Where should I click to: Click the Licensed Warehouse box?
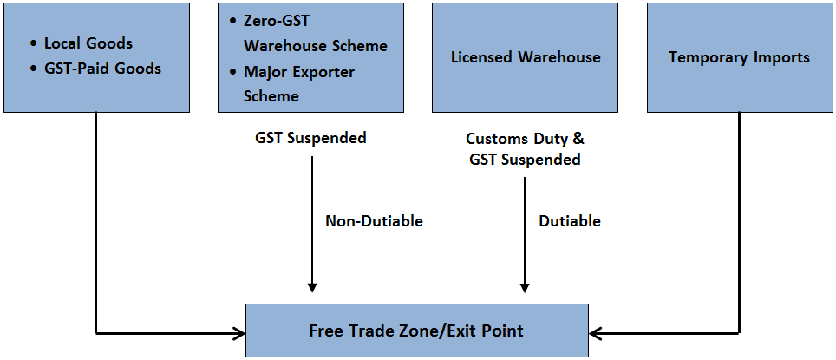point(525,57)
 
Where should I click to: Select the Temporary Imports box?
point(739,57)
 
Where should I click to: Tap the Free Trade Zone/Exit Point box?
point(416,331)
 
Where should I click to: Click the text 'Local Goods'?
point(88,43)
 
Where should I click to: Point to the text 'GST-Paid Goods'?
point(102,68)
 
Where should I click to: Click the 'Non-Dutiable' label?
point(374,221)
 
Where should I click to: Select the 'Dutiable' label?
point(570,221)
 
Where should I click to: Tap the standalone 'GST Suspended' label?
point(310,138)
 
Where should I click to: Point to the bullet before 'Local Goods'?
point(33,43)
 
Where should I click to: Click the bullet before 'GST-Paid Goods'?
point(33,69)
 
